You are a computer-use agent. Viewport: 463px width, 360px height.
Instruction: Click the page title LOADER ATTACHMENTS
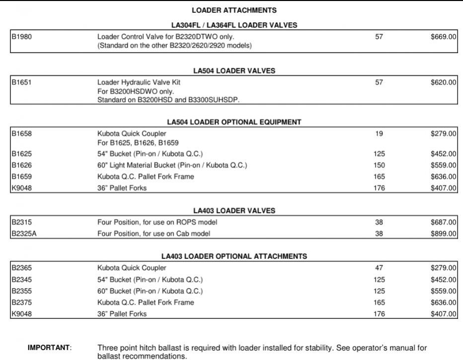[234, 10]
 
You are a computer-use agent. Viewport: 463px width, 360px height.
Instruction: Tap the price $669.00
[444, 37]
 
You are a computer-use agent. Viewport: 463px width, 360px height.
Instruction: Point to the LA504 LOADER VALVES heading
[234, 71]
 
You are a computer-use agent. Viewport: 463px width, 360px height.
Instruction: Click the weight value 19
[379, 134]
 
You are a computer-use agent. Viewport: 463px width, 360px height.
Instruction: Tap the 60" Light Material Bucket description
[172, 165]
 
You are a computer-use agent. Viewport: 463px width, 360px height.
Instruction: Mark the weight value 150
[379, 165]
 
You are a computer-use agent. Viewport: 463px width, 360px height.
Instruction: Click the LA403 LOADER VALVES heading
[234, 211]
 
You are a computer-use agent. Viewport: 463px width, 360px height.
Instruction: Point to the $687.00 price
[444, 222]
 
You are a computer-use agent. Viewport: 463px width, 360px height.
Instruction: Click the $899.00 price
[444, 234]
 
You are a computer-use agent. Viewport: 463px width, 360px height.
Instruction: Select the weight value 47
[379, 268]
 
